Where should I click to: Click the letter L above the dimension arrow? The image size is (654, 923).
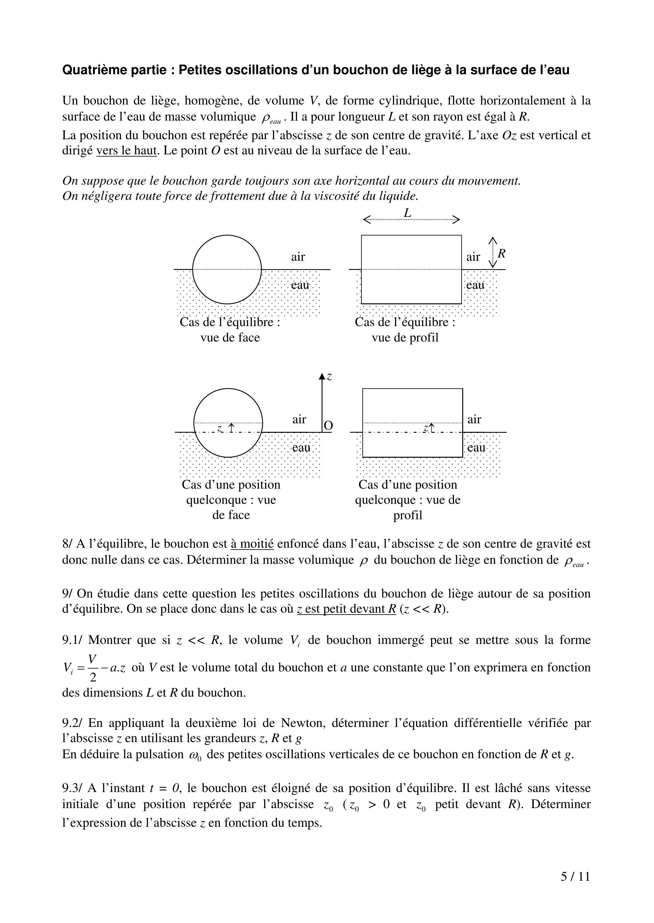[x=408, y=212]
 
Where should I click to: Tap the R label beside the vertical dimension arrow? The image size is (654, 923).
[x=501, y=254]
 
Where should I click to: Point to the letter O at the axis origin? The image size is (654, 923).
[x=328, y=426]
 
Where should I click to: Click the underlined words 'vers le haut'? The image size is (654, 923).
[x=126, y=151]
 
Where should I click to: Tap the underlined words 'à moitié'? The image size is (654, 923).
[x=252, y=544]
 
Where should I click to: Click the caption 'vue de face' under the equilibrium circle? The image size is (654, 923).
[x=230, y=337]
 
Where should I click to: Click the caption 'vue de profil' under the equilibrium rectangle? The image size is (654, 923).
[x=405, y=337]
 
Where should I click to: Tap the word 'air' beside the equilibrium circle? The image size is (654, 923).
[x=298, y=257]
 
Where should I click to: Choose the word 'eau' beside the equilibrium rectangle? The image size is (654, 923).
[x=475, y=285]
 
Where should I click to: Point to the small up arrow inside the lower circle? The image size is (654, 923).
[x=232, y=428]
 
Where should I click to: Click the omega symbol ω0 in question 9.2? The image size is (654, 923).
[x=197, y=755]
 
